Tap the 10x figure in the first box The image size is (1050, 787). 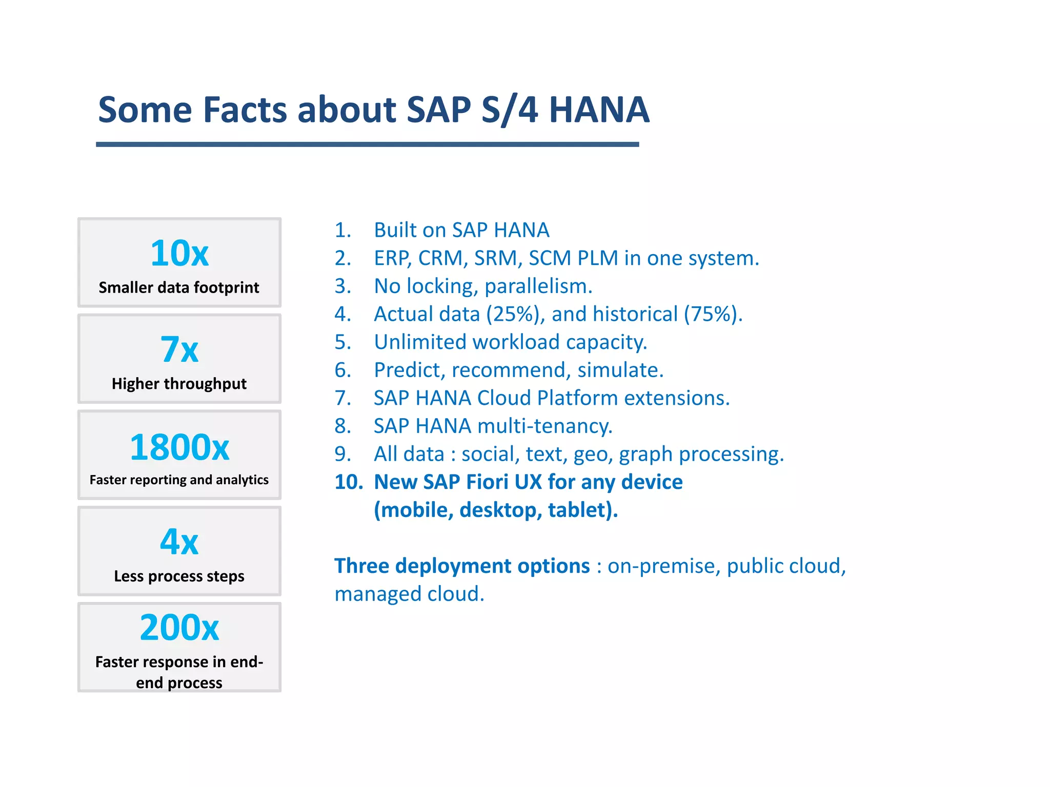click(x=179, y=253)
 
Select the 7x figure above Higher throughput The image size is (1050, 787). click(x=179, y=349)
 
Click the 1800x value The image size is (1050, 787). click(x=179, y=447)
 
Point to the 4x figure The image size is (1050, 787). click(x=179, y=542)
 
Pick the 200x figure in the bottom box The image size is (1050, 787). click(x=179, y=628)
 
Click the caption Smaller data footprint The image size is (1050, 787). click(x=179, y=287)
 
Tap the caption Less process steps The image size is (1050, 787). click(x=179, y=576)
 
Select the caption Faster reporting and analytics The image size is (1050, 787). click(x=179, y=480)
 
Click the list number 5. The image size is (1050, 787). click(x=342, y=342)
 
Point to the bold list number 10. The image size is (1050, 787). click(x=348, y=482)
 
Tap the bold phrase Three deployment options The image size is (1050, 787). click(x=462, y=566)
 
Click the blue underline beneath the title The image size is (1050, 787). click(x=367, y=144)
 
